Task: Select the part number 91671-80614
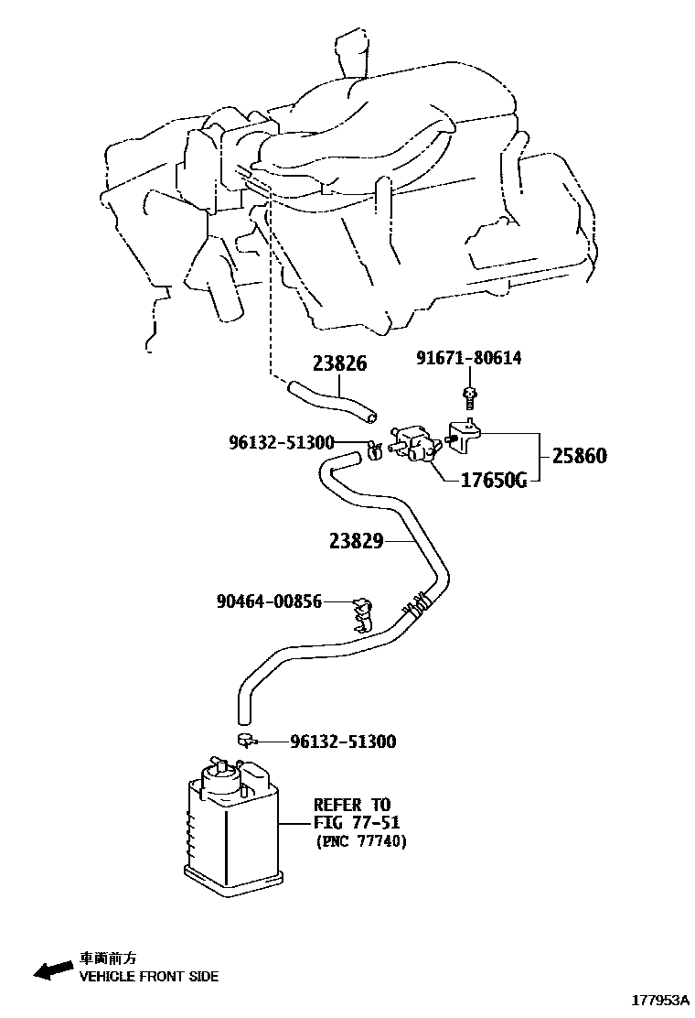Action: [468, 358]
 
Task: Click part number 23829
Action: [356, 541]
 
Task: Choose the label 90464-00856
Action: [269, 601]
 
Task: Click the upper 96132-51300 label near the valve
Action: [281, 443]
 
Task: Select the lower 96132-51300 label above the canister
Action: [343, 742]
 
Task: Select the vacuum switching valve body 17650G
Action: [417, 441]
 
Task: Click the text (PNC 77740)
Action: [360, 841]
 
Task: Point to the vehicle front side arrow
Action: [52, 969]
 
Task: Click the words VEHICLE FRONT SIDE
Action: [148, 977]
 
